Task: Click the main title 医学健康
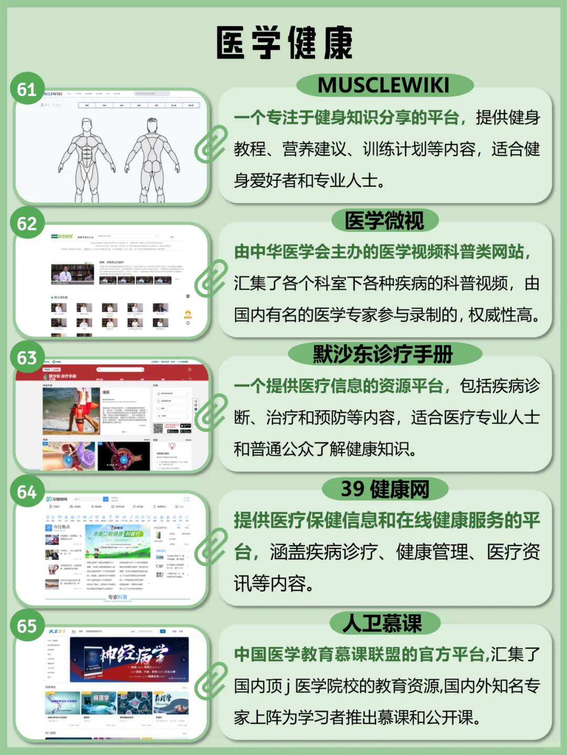click(x=284, y=43)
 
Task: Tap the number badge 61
click(x=27, y=89)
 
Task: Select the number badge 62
click(x=27, y=224)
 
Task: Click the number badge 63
click(x=27, y=358)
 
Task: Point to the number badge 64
click(x=27, y=492)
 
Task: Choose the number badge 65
click(x=27, y=626)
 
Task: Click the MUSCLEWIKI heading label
click(x=384, y=85)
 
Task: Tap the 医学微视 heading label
click(x=384, y=220)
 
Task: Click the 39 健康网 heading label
click(x=385, y=489)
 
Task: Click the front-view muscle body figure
click(x=87, y=157)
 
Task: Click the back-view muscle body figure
click(x=152, y=157)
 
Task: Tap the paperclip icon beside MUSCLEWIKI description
click(x=211, y=143)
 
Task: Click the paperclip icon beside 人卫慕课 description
click(x=211, y=680)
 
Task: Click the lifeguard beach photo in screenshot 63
click(x=71, y=411)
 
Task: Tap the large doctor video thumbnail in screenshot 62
click(x=72, y=274)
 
